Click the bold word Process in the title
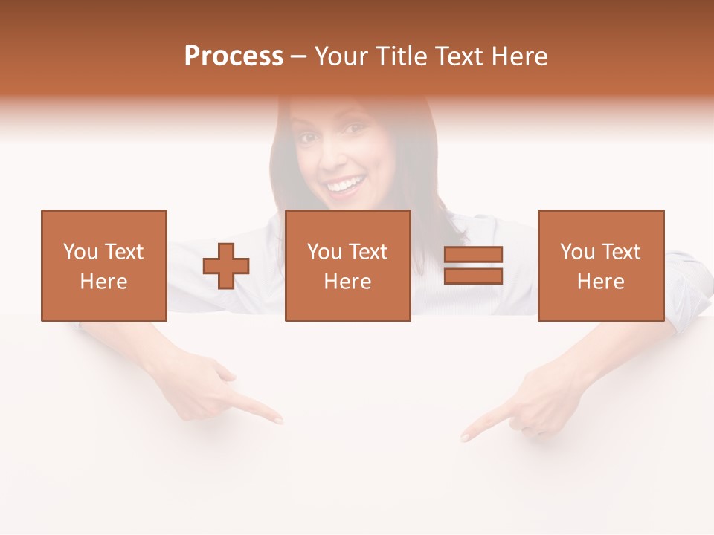pyautogui.click(x=234, y=56)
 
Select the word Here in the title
pyautogui.click(x=518, y=56)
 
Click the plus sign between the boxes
pyautogui.click(x=226, y=266)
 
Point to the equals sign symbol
pyautogui.click(x=473, y=265)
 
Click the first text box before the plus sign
pyautogui.click(x=104, y=265)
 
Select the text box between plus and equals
pyautogui.click(x=348, y=265)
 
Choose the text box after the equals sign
pyautogui.click(x=601, y=265)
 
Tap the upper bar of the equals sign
pyautogui.click(x=473, y=255)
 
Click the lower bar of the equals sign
pyautogui.click(x=473, y=276)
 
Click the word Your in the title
pyautogui.click(x=341, y=56)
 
